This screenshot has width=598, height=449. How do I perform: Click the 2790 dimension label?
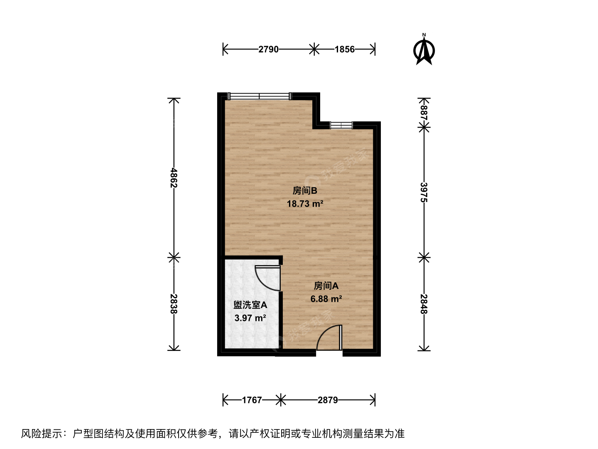pyautogui.click(x=268, y=49)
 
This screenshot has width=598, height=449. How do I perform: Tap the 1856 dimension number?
pyautogui.click(x=345, y=49)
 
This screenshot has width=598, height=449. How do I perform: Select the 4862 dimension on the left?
pyautogui.click(x=174, y=178)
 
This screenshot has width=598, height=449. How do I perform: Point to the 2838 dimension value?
pyautogui.click(x=174, y=303)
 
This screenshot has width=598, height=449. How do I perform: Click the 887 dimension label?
pyautogui.click(x=424, y=113)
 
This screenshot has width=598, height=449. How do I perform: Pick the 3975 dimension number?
pyautogui.click(x=424, y=192)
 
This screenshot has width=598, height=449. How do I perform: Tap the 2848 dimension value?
pyautogui.click(x=424, y=304)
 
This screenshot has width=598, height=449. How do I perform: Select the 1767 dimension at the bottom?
pyautogui.click(x=252, y=400)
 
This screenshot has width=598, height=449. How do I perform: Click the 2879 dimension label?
pyautogui.click(x=328, y=400)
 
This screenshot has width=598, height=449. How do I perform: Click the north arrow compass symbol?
pyautogui.click(x=424, y=50)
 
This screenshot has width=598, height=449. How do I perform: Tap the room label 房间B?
pyautogui.click(x=305, y=190)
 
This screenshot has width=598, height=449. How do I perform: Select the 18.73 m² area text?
pyautogui.click(x=305, y=203)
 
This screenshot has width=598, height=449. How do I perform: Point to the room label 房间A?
pyautogui.click(x=326, y=286)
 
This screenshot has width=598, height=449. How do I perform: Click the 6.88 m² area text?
pyautogui.click(x=326, y=299)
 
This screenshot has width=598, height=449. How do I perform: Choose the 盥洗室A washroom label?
pyautogui.click(x=250, y=305)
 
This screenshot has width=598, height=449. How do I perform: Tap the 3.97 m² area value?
pyautogui.click(x=250, y=318)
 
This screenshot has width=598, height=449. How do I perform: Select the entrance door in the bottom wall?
pyautogui.click(x=329, y=338)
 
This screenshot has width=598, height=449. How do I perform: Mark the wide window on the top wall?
pyautogui.click(x=260, y=96)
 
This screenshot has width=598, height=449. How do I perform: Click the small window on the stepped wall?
pyautogui.click(x=341, y=125)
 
